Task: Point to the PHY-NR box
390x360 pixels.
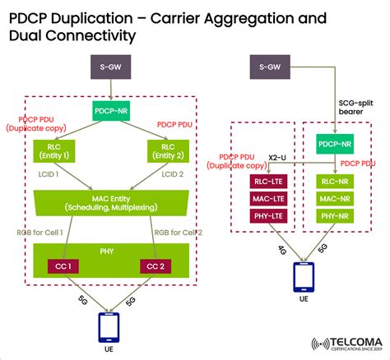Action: tap(335, 216)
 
